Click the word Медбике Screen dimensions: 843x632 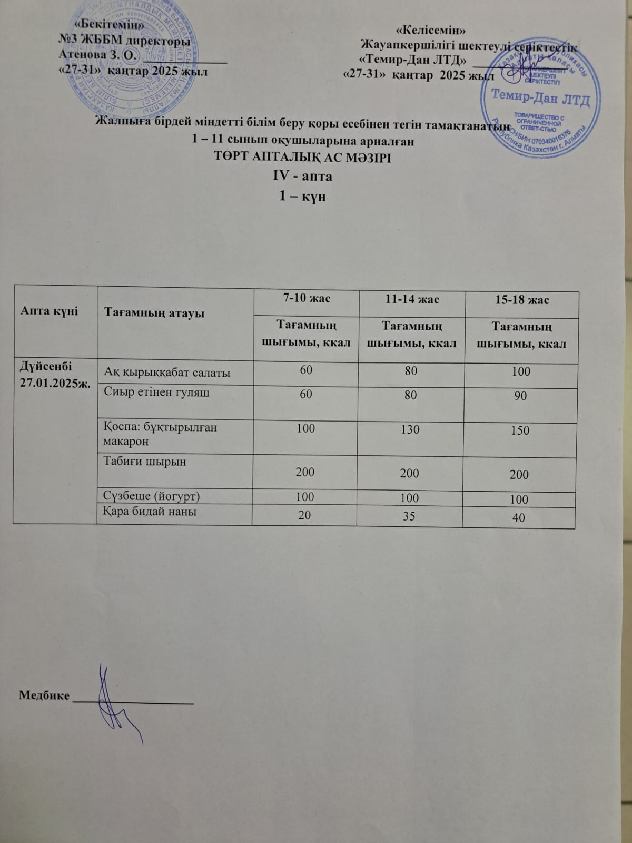coord(44,695)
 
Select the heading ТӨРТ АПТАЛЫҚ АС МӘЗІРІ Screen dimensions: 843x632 coord(303,157)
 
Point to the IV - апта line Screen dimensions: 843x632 coord(302,176)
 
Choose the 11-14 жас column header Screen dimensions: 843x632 coord(411,299)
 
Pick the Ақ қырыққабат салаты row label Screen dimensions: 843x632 coord(167,373)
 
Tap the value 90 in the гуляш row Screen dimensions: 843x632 coord(520,396)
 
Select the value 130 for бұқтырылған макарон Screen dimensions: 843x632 coord(410,429)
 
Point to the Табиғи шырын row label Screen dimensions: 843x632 coord(146,462)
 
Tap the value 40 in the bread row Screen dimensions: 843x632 coord(519,518)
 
